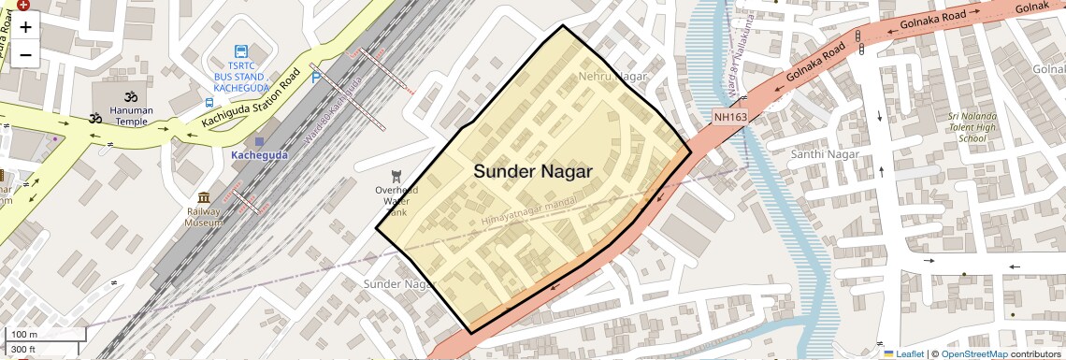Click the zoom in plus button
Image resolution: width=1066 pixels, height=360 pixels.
25,27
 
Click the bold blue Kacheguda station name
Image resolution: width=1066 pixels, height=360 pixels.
260,153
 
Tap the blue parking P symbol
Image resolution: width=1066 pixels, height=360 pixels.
316,79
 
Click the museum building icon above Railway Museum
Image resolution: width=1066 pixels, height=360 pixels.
204,197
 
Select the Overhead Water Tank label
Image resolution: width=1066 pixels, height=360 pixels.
396,200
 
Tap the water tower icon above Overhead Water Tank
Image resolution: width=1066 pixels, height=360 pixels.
396,175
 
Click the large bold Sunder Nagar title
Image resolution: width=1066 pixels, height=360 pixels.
532,171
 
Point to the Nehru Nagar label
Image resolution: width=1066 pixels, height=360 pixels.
613,76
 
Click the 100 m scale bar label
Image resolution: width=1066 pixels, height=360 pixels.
24,334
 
